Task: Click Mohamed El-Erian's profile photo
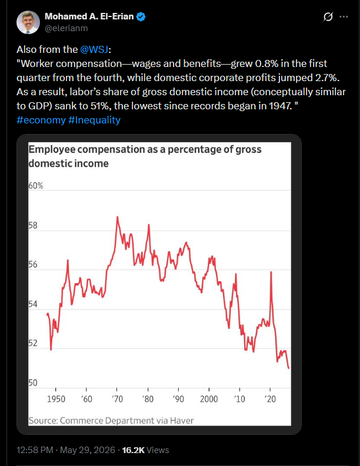28,22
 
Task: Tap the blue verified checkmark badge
141,16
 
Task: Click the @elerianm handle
66,28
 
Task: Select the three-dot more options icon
344,16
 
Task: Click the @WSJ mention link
94,49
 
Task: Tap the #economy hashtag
41,120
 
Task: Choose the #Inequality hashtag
94,120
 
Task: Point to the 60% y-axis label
36,186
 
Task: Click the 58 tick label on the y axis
33,226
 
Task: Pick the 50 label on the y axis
33,383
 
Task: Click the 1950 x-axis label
56,399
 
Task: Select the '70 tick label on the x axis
117,399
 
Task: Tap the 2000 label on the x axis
209,399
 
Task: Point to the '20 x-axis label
270,399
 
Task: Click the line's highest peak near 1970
117,217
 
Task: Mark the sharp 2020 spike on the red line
271,272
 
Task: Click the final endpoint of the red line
289,368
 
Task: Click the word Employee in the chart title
52,150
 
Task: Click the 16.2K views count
134,450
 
